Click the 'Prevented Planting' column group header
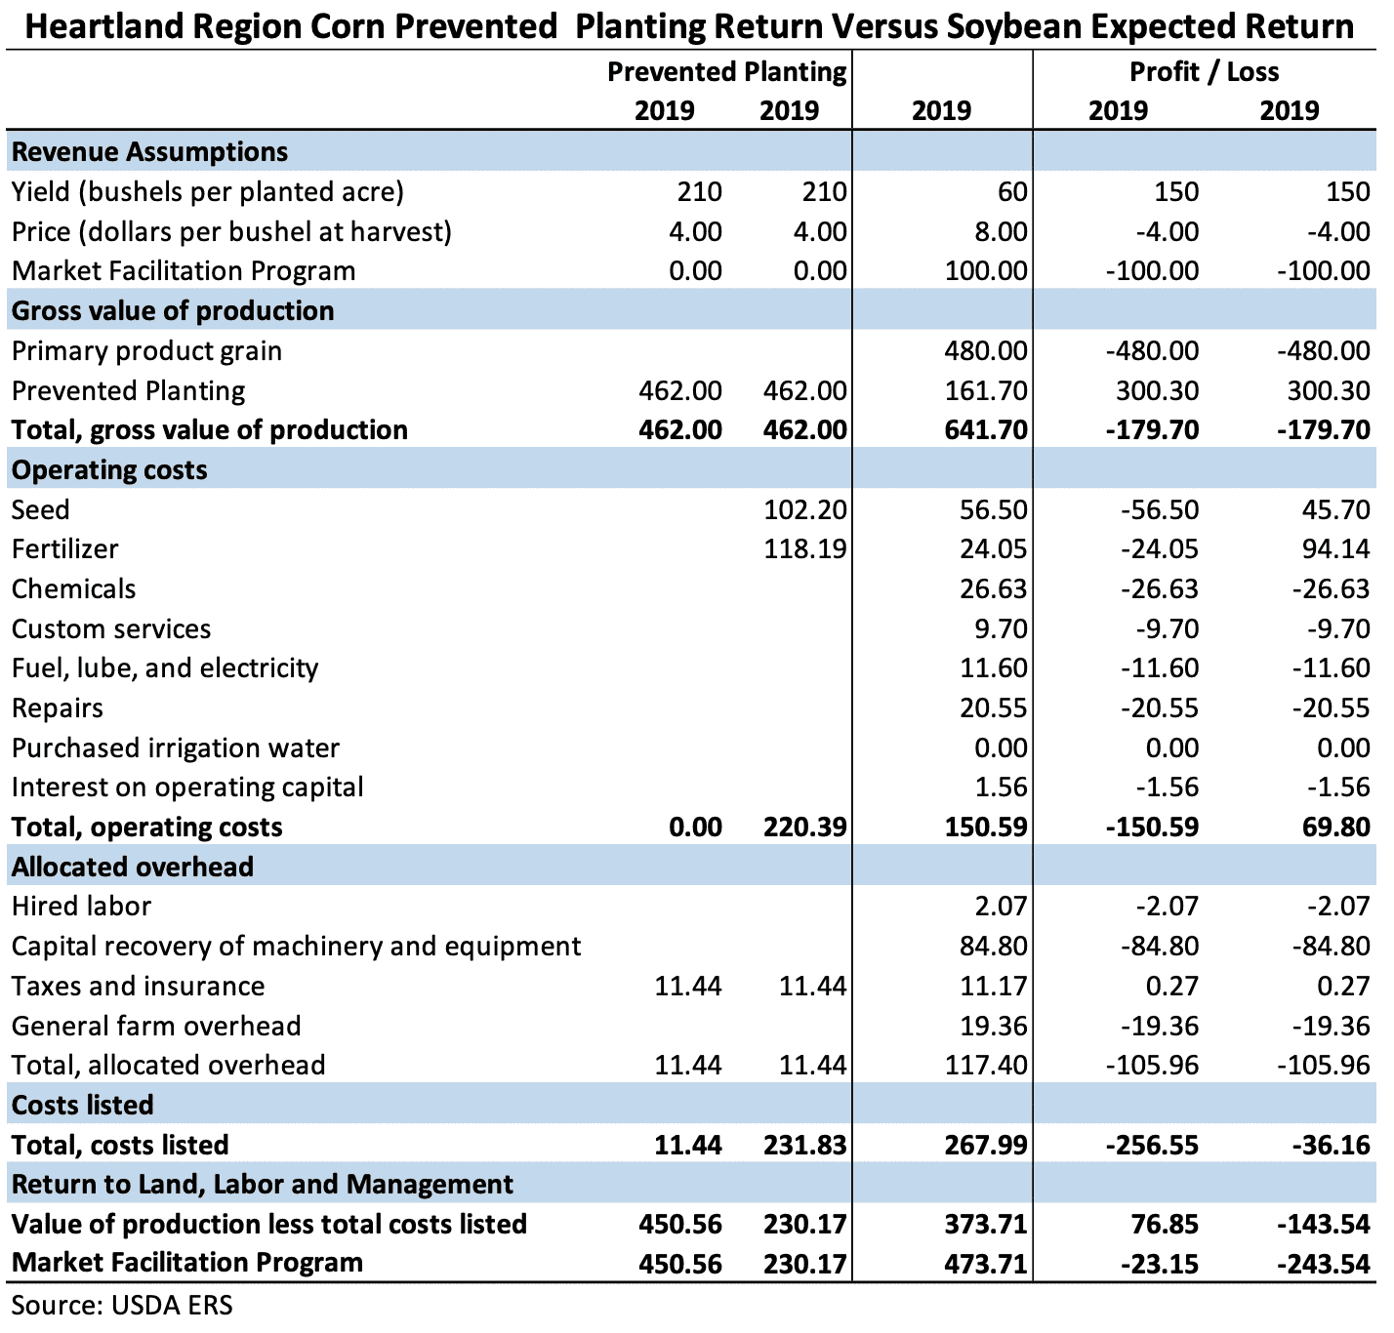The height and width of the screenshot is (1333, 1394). pos(726,72)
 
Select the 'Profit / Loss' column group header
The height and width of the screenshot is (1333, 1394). pos(1205,72)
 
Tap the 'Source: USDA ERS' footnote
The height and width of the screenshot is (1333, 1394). pos(122,1305)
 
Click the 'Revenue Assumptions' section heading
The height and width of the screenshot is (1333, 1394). pos(149,152)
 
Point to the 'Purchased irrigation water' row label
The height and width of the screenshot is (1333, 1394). pos(176,748)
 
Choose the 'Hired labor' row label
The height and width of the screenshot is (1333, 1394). pos(82,907)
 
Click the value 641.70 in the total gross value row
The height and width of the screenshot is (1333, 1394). pos(986,430)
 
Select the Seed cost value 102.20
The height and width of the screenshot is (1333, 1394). pos(804,509)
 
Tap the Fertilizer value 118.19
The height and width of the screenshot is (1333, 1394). pos(804,549)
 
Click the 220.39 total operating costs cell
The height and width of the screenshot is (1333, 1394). pos(804,828)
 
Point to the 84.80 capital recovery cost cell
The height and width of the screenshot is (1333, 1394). pos(993,947)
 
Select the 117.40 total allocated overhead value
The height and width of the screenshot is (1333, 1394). pos(986,1066)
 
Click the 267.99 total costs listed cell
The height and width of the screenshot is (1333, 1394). pos(986,1146)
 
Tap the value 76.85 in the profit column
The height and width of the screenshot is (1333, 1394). pos(1164,1224)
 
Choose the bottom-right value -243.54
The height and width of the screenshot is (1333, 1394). pos(1324,1265)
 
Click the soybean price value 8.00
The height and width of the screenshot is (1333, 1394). pos(1000,232)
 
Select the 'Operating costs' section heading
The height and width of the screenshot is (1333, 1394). pos(109,470)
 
